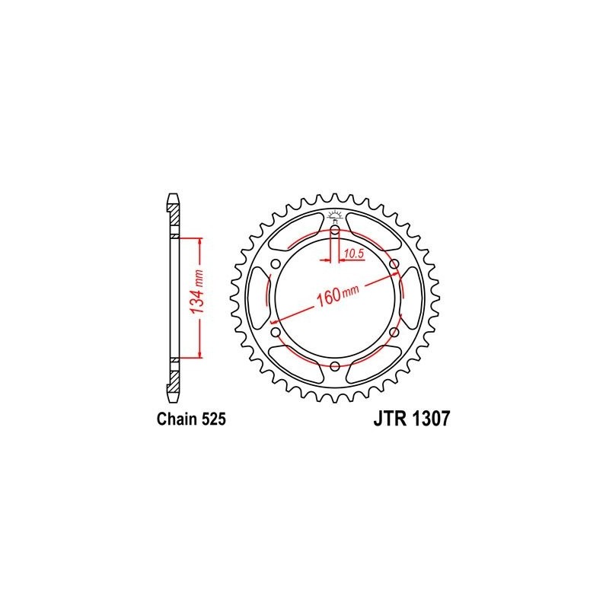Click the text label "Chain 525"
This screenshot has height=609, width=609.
191,419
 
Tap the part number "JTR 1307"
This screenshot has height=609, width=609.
412,419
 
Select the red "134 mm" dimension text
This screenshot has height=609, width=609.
197,292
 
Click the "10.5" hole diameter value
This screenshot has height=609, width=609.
353,253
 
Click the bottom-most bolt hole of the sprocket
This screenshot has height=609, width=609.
335,366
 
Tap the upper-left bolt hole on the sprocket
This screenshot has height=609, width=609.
276,264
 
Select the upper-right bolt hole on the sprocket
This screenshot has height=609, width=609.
394,264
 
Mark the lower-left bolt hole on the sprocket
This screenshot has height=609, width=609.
276,332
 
